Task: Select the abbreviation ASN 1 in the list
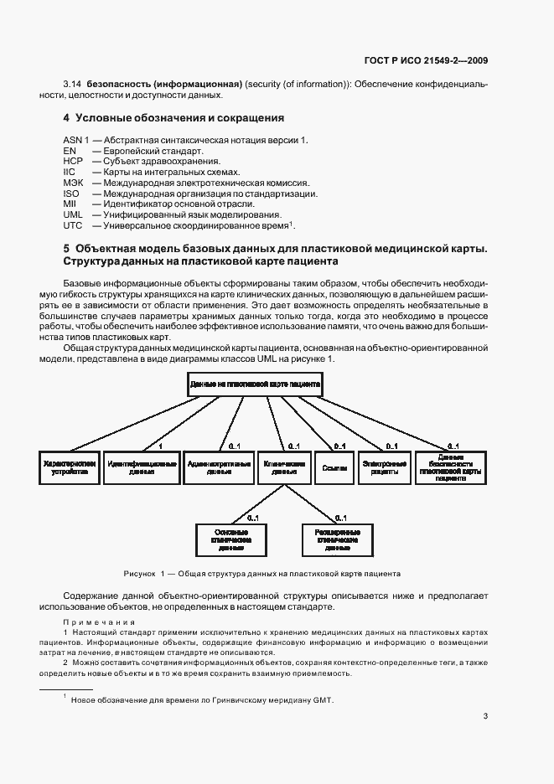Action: point(75,138)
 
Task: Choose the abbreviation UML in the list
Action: point(73,214)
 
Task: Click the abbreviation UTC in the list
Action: point(73,226)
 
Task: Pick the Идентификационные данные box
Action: point(142,467)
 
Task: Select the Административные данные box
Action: point(219,467)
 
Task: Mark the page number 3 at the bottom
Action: point(486,716)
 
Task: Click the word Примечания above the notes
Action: point(99,622)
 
